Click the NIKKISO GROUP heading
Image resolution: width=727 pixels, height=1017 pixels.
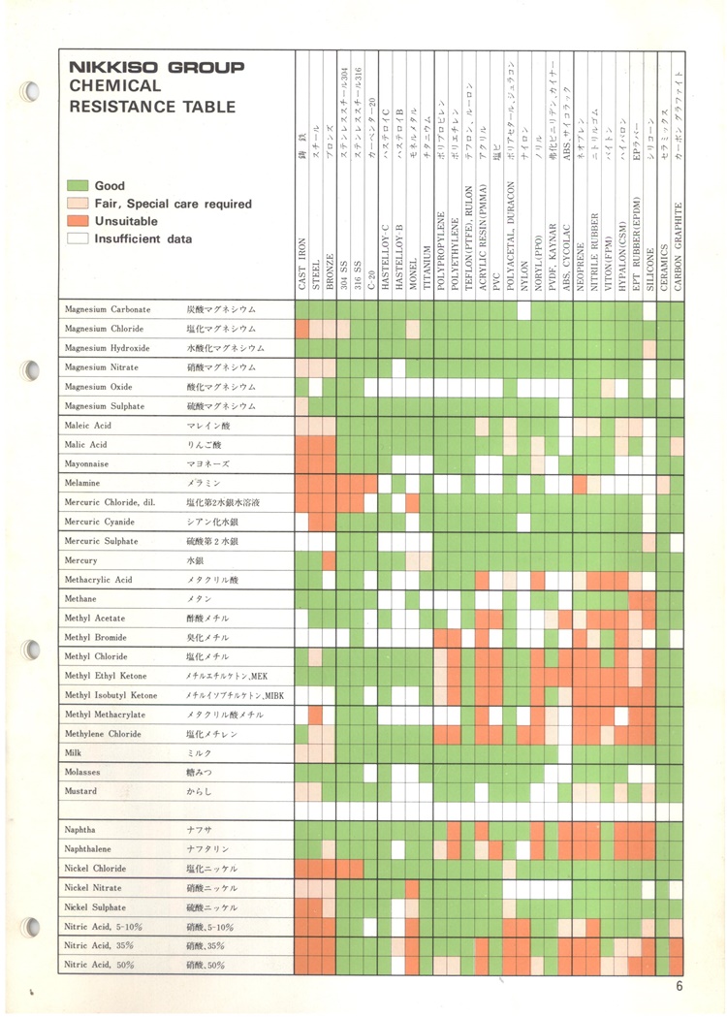[x=156, y=69]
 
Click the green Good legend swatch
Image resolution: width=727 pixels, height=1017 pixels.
[x=78, y=185]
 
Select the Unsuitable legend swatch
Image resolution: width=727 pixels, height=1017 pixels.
[x=78, y=221]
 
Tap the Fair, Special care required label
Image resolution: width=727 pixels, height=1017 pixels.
[x=173, y=204]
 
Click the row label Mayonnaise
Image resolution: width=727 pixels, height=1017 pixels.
[x=87, y=464]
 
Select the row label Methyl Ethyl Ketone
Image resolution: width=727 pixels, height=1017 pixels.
[x=106, y=676]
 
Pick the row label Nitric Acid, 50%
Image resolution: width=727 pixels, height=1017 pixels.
[x=99, y=965]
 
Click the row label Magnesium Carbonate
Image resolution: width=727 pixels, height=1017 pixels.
[x=108, y=309]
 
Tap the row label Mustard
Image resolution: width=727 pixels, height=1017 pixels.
[x=80, y=791]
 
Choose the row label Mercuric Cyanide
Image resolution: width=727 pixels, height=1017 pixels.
[x=102, y=522]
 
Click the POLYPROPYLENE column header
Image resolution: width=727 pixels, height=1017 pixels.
[x=441, y=251]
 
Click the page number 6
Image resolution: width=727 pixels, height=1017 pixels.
[x=680, y=987]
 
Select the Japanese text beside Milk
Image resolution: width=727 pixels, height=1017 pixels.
[x=199, y=753]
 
